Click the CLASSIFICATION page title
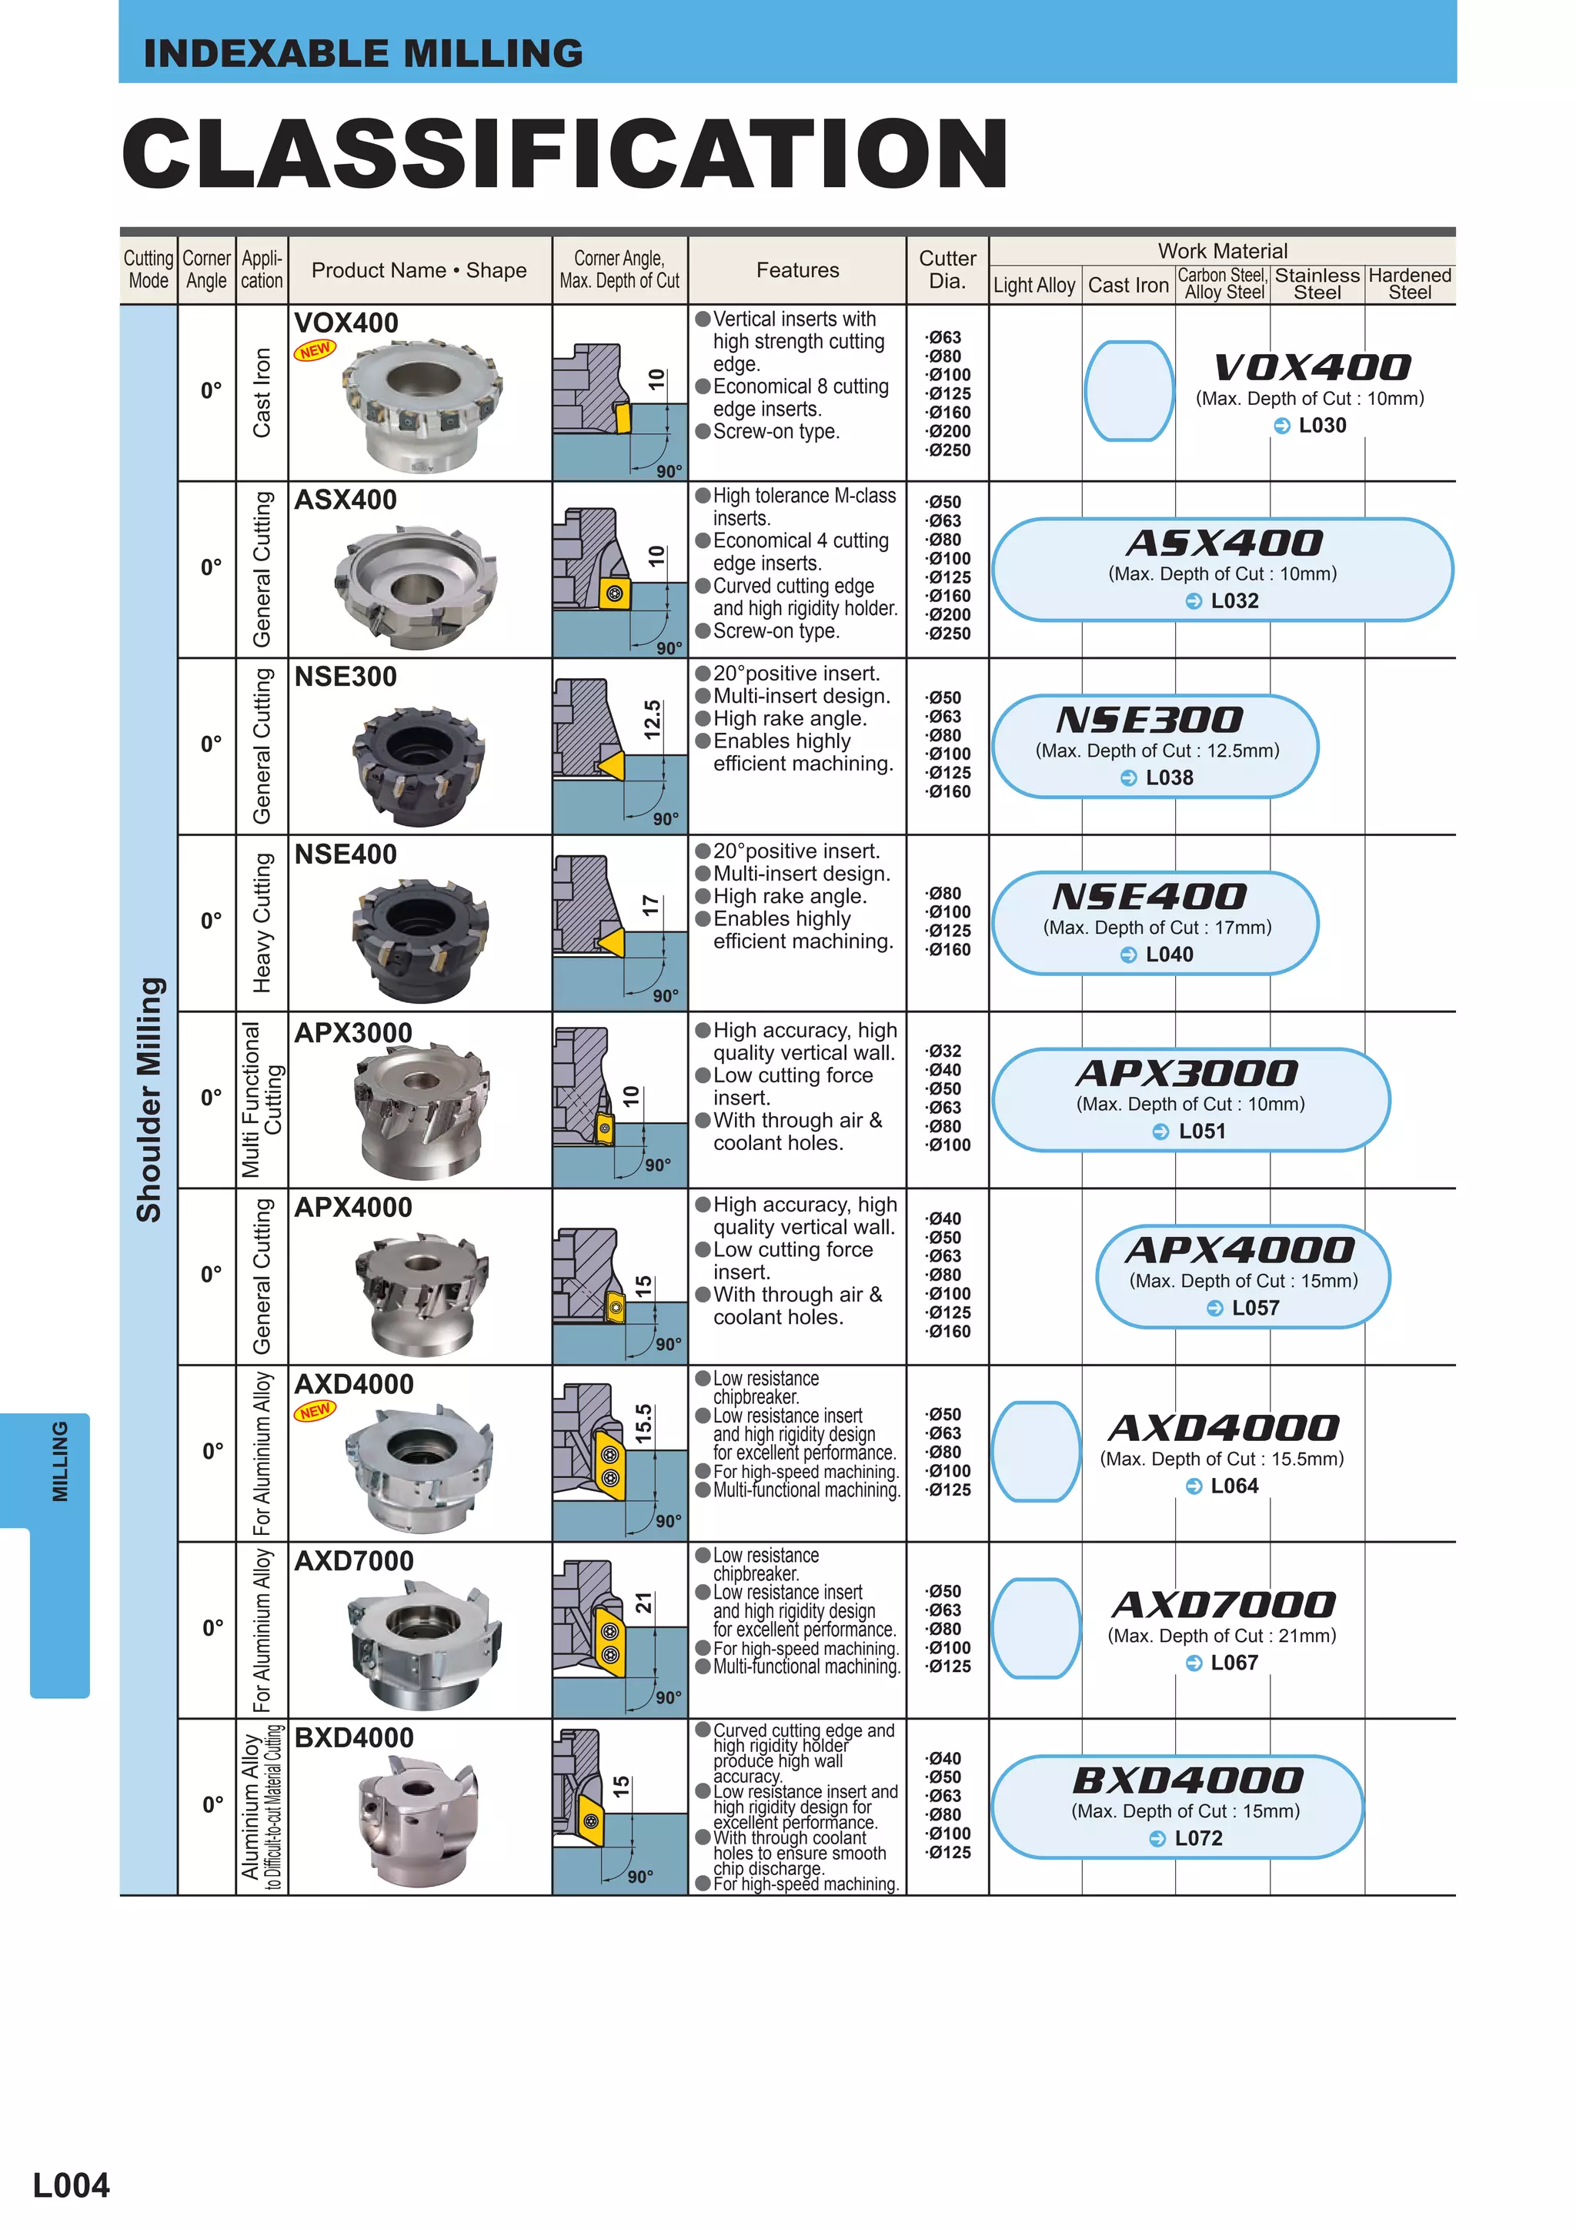coord(565,153)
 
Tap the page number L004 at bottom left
coord(71,2185)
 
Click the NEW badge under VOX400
coord(315,350)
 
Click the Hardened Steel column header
coord(1409,283)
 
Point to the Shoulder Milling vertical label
coord(149,1098)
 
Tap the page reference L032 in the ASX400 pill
coord(1234,601)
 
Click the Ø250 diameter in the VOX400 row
coord(948,450)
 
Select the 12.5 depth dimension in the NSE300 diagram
coord(653,720)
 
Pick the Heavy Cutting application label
coord(261,923)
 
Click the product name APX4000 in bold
coord(353,1207)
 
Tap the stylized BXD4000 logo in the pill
coord(1187,1780)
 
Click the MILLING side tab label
coord(60,1462)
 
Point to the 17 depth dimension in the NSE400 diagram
coord(650,906)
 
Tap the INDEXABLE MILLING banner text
coord(363,53)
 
